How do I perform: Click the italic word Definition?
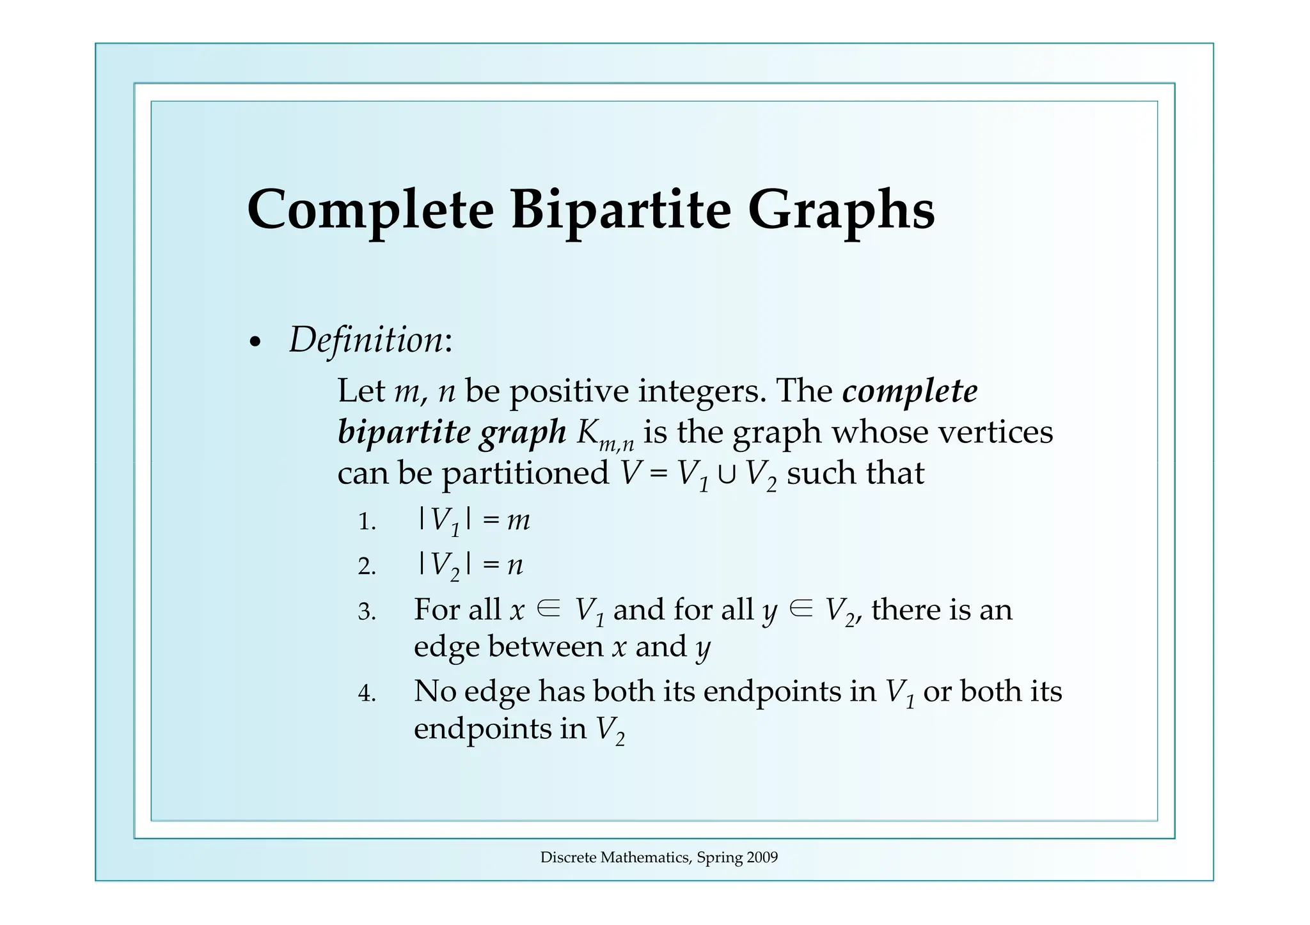[366, 339]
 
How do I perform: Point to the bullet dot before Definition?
[255, 343]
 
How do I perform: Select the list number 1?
[367, 522]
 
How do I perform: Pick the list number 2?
[367, 566]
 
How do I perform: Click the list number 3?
[367, 612]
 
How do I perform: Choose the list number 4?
[367, 694]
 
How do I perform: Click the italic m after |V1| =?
[518, 522]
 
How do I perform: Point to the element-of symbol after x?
[549, 609]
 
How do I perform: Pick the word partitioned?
[526, 474]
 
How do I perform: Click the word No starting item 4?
[435, 692]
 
